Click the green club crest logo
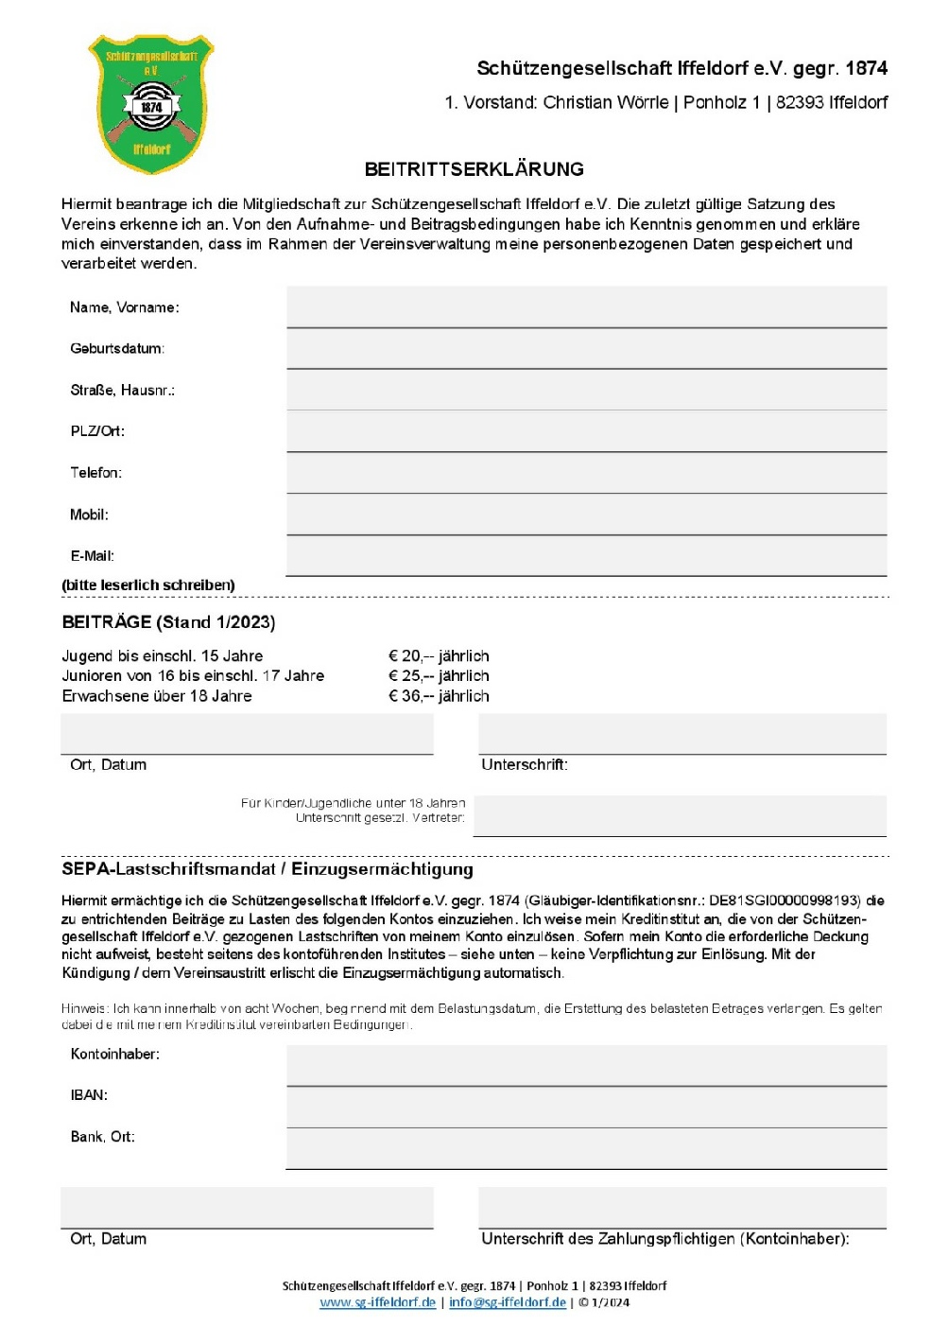[x=151, y=104]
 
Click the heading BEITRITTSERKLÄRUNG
[x=474, y=169]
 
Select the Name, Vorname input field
[x=586, y=307]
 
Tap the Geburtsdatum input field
[x=586, y=349]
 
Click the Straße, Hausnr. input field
[x=586, y=390]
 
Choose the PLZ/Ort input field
[x=586, y=431]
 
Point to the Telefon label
[x=95, y=473]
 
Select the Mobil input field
[x=586, y=515]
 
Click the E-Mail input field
[x=586, y=556]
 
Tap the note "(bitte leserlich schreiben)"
[x=148, y=585]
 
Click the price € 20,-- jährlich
[x=439, y=656]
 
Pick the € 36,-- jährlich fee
[x=439, y=696]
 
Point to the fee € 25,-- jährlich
[x=439, y=676]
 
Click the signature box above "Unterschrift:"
[x=682, y=734]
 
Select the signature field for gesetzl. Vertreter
[x=680, y=816]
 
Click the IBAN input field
[x=586, y=1107]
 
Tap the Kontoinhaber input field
[x=586, y=1065]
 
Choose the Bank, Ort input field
[x=586, y=1148]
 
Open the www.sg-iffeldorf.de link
[x=378, y=1302]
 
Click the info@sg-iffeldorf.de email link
[x=508, y=1302]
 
